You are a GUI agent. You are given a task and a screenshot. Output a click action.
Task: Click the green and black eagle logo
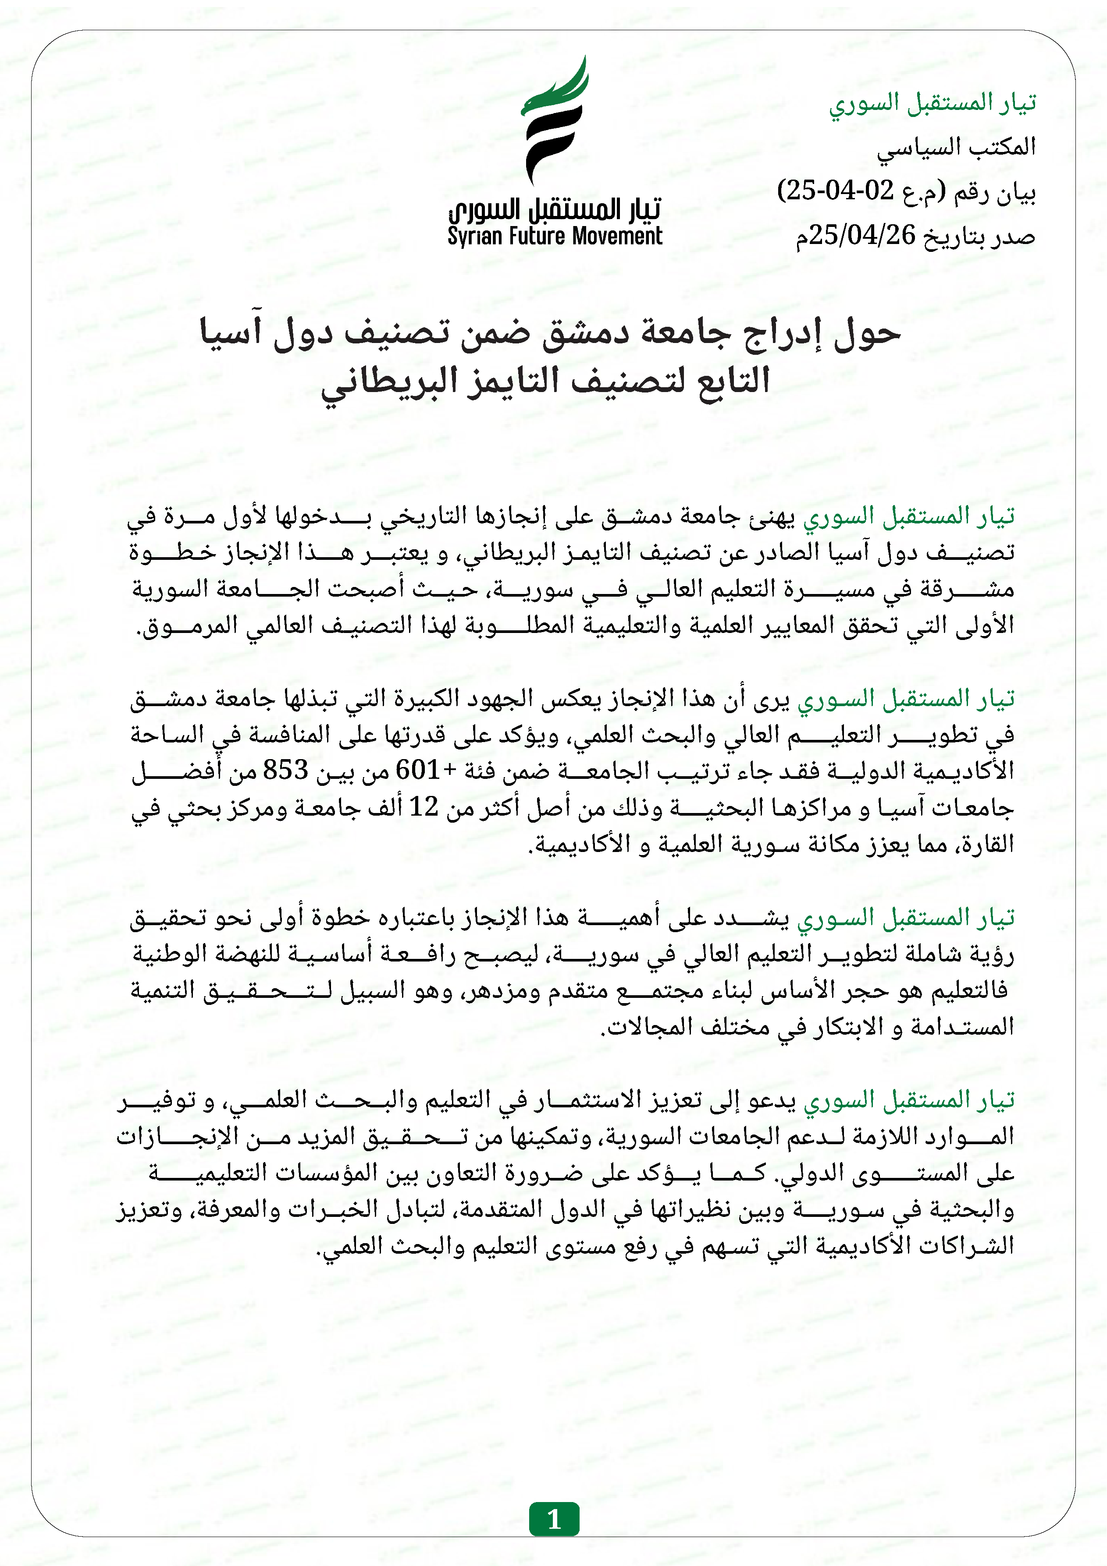554,121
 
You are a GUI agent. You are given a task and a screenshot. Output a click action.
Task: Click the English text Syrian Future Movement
554,237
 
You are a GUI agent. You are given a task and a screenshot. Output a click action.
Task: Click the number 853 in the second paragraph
286,770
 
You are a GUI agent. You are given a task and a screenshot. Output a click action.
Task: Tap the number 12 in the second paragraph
423,807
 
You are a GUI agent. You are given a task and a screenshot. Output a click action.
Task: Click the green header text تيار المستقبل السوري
932,103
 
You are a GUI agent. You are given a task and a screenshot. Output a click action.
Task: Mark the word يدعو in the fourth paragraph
772,1099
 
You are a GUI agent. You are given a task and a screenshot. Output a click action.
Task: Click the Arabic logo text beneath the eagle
554,208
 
